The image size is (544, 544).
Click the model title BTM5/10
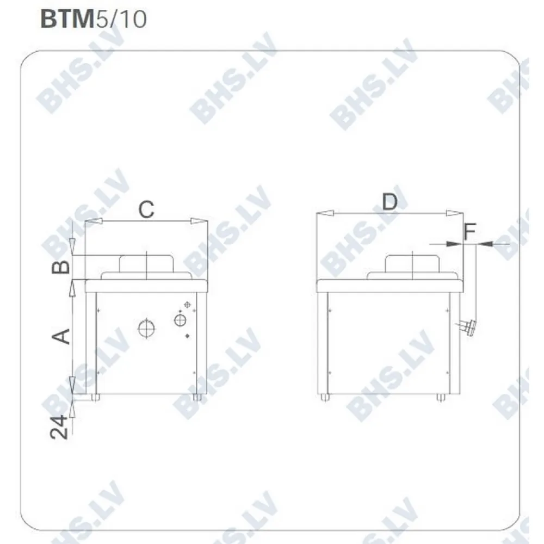(93, 19)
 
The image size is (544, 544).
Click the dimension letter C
(146, 209)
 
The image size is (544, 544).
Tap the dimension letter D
(390, 202)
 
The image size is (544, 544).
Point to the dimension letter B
(63, 267)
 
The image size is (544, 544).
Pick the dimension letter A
(63, 336)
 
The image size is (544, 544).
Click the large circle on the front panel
(146, 328)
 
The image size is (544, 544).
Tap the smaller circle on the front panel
(180, 320)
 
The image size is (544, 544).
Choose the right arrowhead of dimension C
(199, 221)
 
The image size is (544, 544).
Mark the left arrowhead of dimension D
(325, 214)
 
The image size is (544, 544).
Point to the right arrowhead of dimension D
(454, 214)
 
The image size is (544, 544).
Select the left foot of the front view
(96, 398)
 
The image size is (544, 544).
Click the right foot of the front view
(197, 398)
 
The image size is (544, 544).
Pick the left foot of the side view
(325, 398)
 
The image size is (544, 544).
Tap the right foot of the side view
(440, 398)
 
